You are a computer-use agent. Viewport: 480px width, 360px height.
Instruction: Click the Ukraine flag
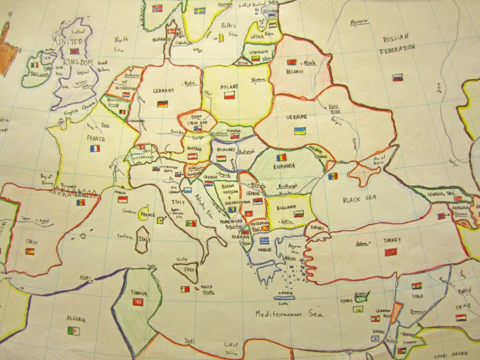point(299,131)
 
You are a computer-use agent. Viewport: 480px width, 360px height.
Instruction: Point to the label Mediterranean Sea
point(289,314)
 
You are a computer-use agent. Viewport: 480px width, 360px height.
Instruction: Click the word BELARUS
point(295,72)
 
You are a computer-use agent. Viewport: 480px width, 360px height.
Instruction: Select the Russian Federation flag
point(397,77)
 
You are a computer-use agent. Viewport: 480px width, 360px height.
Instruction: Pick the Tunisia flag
point(138,301)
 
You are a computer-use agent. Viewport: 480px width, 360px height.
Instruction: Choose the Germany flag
point(162,104)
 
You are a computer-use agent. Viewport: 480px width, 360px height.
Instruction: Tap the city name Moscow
point(359,22)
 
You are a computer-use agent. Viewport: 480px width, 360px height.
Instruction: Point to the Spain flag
point(29,251)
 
